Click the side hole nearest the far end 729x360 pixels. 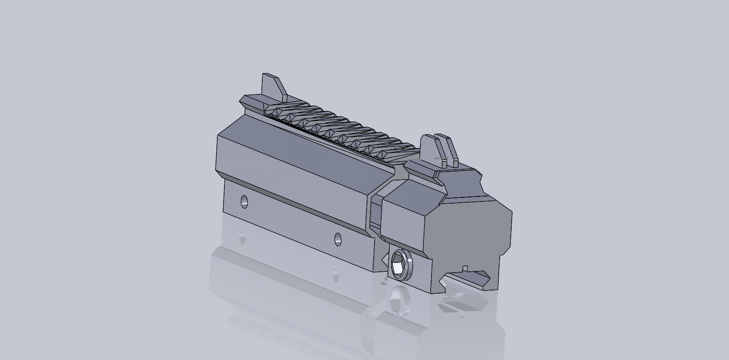click(x=244, y=201)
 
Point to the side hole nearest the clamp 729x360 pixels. click(x=338, y=239)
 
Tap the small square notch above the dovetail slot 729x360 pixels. click(x=465, y=269)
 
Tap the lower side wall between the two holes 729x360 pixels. click(x=289, y=218)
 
